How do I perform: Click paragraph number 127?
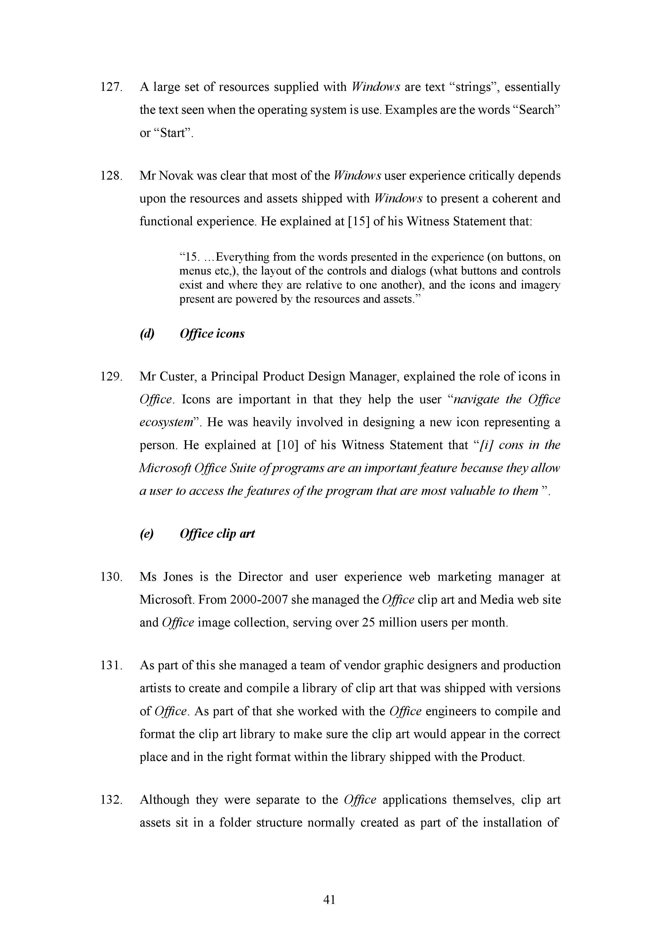click(x=111, y=87)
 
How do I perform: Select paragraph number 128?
click(x=111, y=176)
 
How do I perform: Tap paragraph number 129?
click(x=111, y=377)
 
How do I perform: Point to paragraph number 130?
click(x=111, y=577)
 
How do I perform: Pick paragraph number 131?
click(x=111, y=666)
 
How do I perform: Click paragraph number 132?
click(x=111, y=800)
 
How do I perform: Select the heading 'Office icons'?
click(x=212, y=334)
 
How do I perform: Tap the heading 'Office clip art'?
click(x=217, y=533)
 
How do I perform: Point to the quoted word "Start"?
click(x=173, y=133)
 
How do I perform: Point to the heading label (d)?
click(x=147, y=334)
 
